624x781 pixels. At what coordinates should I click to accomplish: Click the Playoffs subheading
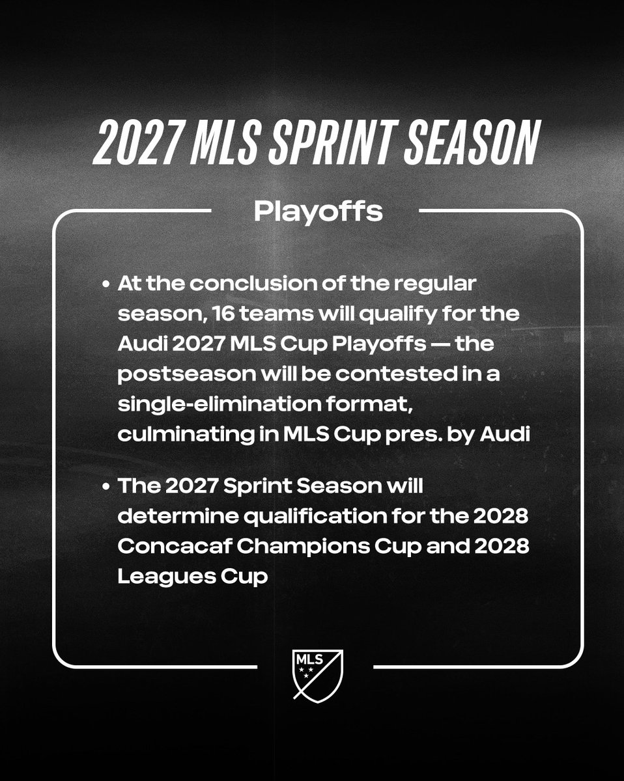pos(317,212)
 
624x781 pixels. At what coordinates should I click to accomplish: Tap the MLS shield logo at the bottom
pos(317,675)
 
